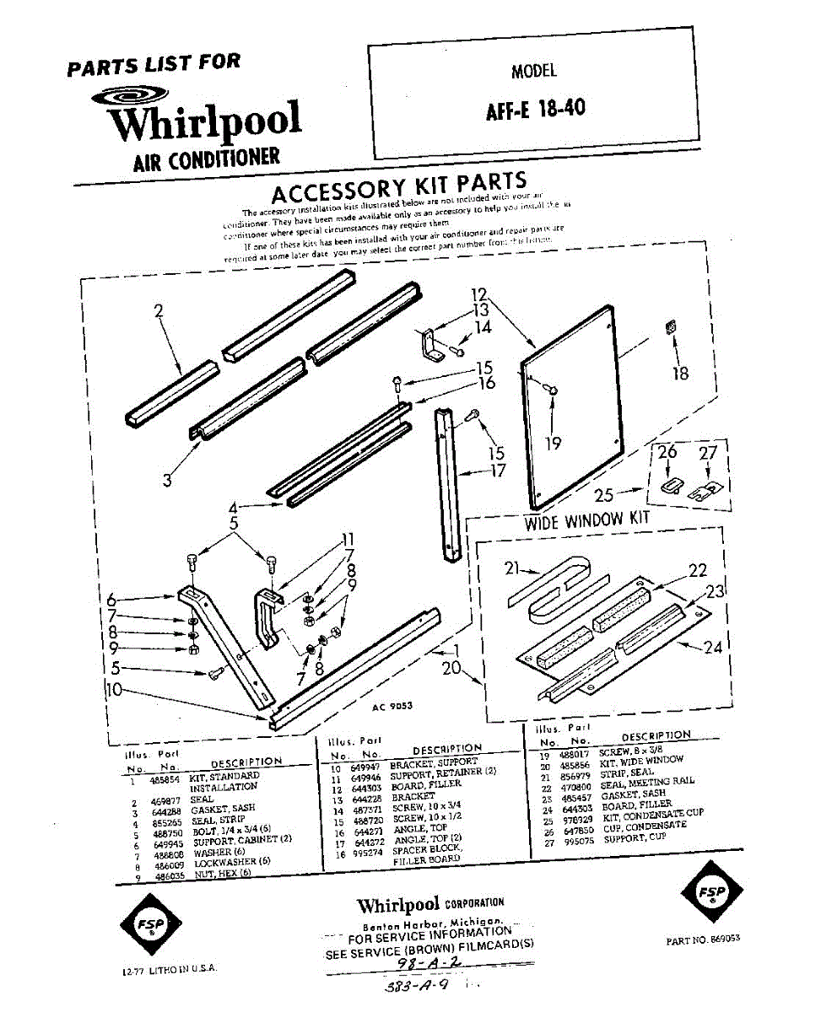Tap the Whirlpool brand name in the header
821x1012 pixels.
tap(205, 121)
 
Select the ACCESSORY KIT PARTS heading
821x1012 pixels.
tap(399, 188)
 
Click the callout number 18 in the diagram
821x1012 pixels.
tap(679, 372)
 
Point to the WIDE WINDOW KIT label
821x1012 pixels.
tap(587, 519)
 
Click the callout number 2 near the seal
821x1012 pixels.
tap(158, 311)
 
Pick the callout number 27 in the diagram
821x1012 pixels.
tap(708, 454)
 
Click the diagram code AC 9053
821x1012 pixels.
tap(392, 707)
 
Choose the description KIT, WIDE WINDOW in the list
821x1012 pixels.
tap(640, 760)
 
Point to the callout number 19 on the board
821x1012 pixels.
tap(552, 441)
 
